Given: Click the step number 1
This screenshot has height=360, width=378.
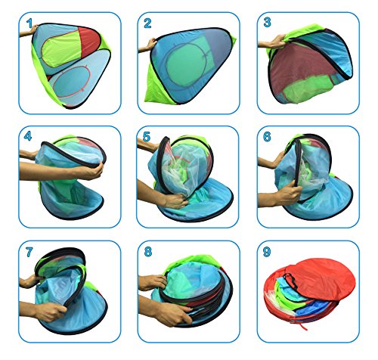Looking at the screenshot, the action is coord(29,23).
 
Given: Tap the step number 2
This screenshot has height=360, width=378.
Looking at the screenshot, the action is coord(147,23).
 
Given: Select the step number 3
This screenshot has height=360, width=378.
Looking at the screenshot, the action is coord(267,23).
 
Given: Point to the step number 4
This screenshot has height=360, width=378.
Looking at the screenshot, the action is coord(28,136).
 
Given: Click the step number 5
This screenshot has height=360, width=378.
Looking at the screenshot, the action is coord(147,137).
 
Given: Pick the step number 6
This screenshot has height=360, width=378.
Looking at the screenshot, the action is coord(267,136).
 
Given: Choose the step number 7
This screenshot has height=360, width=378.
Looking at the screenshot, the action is coord(29,252).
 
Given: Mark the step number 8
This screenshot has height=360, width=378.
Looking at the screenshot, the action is coord(148,251).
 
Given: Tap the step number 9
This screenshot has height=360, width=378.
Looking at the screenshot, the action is coord(267,252).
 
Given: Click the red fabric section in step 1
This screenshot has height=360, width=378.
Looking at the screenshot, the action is coord(89,42).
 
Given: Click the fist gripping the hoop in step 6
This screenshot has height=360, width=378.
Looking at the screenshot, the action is coord(289,194).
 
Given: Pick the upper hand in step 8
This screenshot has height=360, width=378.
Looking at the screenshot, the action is coord(154,282).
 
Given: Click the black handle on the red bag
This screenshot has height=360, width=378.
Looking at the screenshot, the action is coord(290,281).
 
